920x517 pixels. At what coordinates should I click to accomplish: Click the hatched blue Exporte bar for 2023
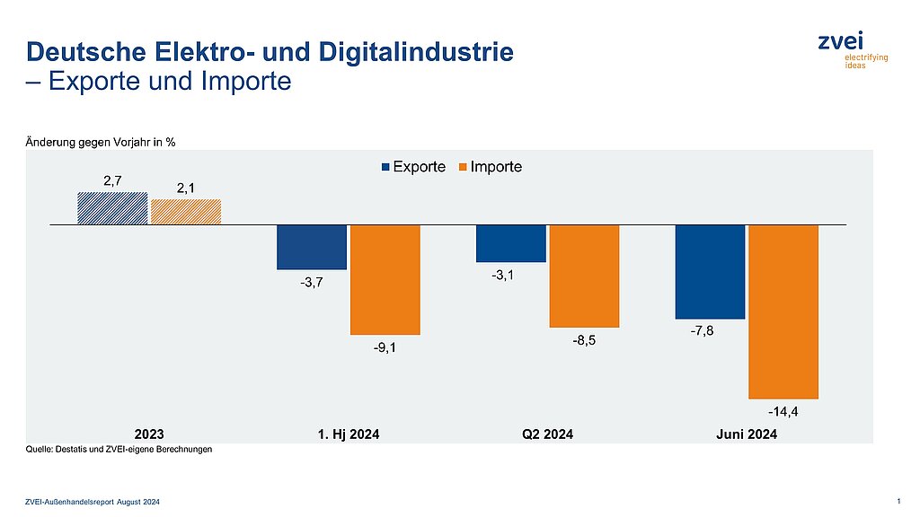point(112,208)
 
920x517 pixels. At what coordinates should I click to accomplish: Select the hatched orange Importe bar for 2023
point(186,212)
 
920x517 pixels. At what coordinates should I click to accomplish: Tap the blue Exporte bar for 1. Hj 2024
point(312,247)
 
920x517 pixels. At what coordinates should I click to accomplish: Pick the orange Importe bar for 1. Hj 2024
point(385,279)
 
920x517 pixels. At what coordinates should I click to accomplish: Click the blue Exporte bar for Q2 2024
point(511,243)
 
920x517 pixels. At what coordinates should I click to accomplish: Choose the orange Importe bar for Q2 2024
point(585,276)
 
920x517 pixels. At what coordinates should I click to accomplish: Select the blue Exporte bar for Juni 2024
point(710,271)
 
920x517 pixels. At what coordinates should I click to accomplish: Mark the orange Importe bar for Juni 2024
point(783,311)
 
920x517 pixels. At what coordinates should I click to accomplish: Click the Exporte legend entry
point(414,167)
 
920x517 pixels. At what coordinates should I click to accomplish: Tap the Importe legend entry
point(491,167)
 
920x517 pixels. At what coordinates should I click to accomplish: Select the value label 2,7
point(112,180)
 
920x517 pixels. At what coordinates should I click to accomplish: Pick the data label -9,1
point(385,348)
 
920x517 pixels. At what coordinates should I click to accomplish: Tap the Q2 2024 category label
point(547,434)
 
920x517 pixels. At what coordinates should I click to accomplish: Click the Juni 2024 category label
point(746,434)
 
